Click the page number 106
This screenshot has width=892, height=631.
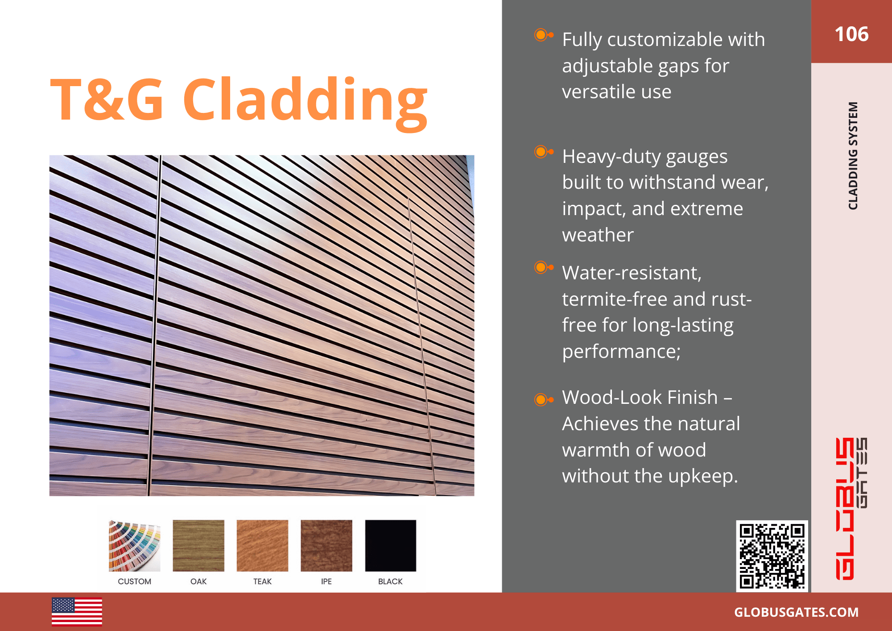851,34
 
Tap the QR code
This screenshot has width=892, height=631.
772,556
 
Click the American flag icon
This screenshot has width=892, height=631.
77,612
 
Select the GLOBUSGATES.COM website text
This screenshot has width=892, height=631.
796,612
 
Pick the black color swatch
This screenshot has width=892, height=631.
390,545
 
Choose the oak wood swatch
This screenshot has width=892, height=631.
198,545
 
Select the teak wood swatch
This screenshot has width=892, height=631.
262,545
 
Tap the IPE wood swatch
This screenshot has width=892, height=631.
326,545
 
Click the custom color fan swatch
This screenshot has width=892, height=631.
134,545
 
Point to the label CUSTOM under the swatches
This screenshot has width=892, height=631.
134,581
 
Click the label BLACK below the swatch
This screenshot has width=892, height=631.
390,581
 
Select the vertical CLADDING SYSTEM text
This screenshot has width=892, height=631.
853,156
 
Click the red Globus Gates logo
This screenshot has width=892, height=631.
851,509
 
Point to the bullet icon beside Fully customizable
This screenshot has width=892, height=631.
543,35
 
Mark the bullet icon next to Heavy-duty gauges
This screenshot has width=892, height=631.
543,152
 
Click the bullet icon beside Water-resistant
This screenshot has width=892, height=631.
543,268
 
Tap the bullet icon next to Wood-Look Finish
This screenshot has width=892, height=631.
543,399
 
